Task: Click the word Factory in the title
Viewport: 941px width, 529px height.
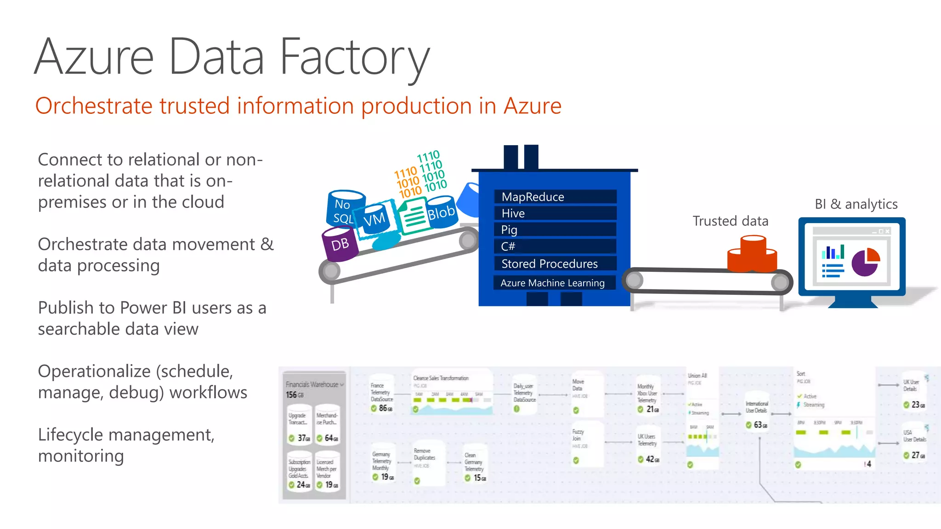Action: tap(354, 57)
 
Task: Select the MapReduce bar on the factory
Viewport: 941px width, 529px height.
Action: tap(555, 197)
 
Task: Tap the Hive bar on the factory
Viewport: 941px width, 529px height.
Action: tap(555, 214)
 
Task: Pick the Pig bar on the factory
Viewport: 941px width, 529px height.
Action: tap(555, 230)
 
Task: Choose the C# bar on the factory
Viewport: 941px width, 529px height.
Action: tap(555, 247)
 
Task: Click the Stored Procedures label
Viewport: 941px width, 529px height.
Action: tap(550, 264)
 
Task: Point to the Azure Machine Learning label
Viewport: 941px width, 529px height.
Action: tap(552, 283)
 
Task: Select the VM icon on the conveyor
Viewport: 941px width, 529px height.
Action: tap(375, 219)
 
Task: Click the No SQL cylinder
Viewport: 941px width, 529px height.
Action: tap(343, 209)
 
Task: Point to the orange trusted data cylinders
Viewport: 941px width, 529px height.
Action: tap(752, 255)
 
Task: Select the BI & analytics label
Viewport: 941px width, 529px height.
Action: tap(856, 204)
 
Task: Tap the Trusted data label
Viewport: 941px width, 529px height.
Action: tap(730, 221)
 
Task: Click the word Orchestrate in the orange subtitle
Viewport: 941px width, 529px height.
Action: tap(93, 106)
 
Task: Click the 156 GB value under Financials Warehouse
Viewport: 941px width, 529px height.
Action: tap(295, 395)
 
